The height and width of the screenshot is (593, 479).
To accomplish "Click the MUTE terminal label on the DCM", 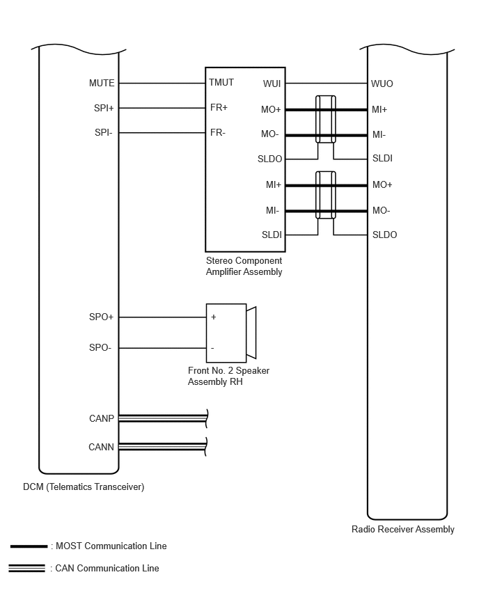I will pos(102,84).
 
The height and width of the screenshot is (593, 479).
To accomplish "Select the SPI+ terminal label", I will pos(104,108).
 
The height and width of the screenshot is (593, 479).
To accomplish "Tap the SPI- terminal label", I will pos(104,132).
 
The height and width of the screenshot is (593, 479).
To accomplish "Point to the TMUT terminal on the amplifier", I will pos(221,82).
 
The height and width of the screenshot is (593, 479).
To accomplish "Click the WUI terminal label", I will pos(272,84).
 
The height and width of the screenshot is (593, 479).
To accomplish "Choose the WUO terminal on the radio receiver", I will pos(382,84).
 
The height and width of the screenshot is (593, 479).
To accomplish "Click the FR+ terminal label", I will pos(219,108).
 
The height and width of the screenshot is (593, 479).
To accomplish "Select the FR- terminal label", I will pos(218,132).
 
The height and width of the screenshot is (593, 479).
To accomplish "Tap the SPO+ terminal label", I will pos(101,317).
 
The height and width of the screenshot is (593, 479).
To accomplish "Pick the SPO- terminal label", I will pos(100,347).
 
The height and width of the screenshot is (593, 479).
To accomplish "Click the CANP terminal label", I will pos(102,418).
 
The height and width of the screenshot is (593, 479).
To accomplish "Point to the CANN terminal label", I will pos(101,448).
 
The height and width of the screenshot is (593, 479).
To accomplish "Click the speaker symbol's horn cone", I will pos(252,333).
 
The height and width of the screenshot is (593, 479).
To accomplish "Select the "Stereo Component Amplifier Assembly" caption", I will pos(244,267).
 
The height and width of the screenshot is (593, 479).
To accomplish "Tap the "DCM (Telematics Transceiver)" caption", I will pos(84,487).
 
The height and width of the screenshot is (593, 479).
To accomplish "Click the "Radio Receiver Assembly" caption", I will pos(403,530).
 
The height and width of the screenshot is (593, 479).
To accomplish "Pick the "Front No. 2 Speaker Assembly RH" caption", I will pos(228,376).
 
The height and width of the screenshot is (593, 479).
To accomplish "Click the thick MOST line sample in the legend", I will pos(29,546).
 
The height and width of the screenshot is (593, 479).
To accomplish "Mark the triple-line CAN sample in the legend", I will pos(26,569).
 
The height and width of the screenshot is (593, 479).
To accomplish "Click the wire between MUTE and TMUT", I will pos(162,84).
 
